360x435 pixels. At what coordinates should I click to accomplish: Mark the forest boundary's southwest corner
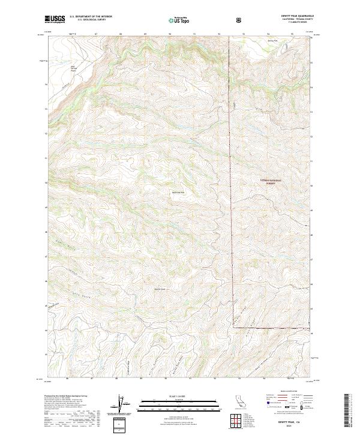(x=233, y=328)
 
